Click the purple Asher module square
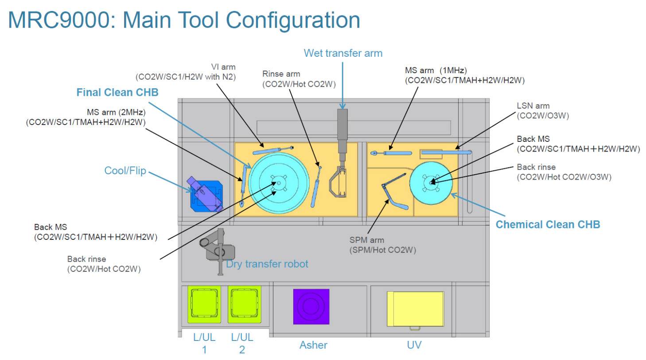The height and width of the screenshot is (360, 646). (311, 306)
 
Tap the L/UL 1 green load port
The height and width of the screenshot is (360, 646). (204, 304)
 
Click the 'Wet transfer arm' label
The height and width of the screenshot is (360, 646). (342, 53)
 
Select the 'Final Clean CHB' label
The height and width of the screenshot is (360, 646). (117, 92)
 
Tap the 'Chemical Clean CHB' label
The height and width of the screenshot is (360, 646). (548, 224)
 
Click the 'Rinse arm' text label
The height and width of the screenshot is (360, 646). (281, 74)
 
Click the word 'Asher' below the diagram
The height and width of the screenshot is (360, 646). (313, 345)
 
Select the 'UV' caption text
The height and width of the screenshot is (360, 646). (414, 345)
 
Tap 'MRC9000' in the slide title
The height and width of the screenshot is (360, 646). (62, 20)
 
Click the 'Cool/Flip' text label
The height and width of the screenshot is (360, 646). (125, 171)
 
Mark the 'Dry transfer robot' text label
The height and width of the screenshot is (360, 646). (267, 264)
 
